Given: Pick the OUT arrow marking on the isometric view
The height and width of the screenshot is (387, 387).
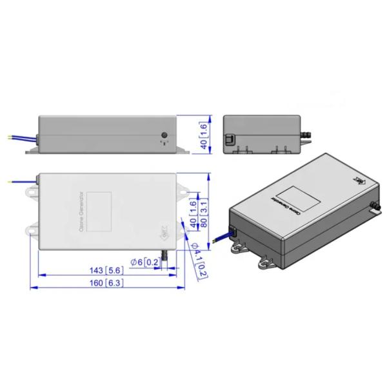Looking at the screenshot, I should (x=359, y=182).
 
